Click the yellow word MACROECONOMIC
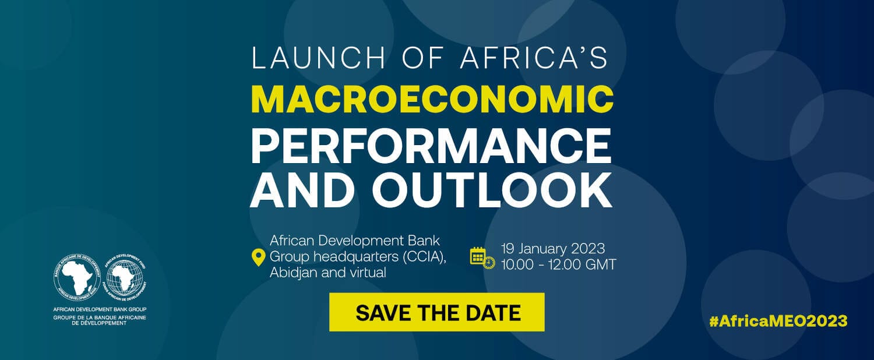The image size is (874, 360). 432,100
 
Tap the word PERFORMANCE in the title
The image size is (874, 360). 431,146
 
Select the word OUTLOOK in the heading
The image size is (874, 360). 492,190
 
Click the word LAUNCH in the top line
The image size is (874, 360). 319,58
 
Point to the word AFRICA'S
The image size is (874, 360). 534,58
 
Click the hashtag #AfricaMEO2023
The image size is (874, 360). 778,321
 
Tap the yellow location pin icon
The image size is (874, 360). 258,258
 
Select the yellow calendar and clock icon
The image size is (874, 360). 482,258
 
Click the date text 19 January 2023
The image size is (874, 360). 553,249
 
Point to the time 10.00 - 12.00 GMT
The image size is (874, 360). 558,264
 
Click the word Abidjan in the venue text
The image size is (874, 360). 294,273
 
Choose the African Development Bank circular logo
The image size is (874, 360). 77,277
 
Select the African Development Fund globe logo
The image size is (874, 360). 125,277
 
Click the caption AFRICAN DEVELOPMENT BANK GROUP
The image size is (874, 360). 100,309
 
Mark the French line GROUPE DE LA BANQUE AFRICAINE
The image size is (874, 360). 100,317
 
